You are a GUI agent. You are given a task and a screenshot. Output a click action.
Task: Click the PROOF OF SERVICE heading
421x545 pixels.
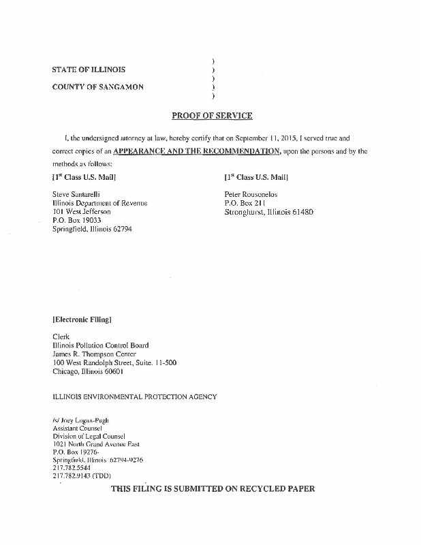212,115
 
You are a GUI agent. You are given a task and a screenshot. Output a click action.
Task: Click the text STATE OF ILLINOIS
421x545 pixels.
89,69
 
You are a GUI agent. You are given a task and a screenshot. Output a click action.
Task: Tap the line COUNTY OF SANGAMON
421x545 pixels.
97,87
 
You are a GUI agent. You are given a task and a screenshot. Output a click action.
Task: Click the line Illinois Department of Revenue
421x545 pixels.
99,203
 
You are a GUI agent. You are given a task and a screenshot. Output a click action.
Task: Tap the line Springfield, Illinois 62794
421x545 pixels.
92,230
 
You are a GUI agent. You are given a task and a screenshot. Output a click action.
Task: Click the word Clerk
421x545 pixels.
61,337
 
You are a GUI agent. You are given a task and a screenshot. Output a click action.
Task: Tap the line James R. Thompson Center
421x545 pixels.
94,354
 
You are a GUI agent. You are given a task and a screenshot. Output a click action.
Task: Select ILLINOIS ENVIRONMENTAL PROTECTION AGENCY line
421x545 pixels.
135,396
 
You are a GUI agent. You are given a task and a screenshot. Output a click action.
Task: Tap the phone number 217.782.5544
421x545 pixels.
71,467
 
